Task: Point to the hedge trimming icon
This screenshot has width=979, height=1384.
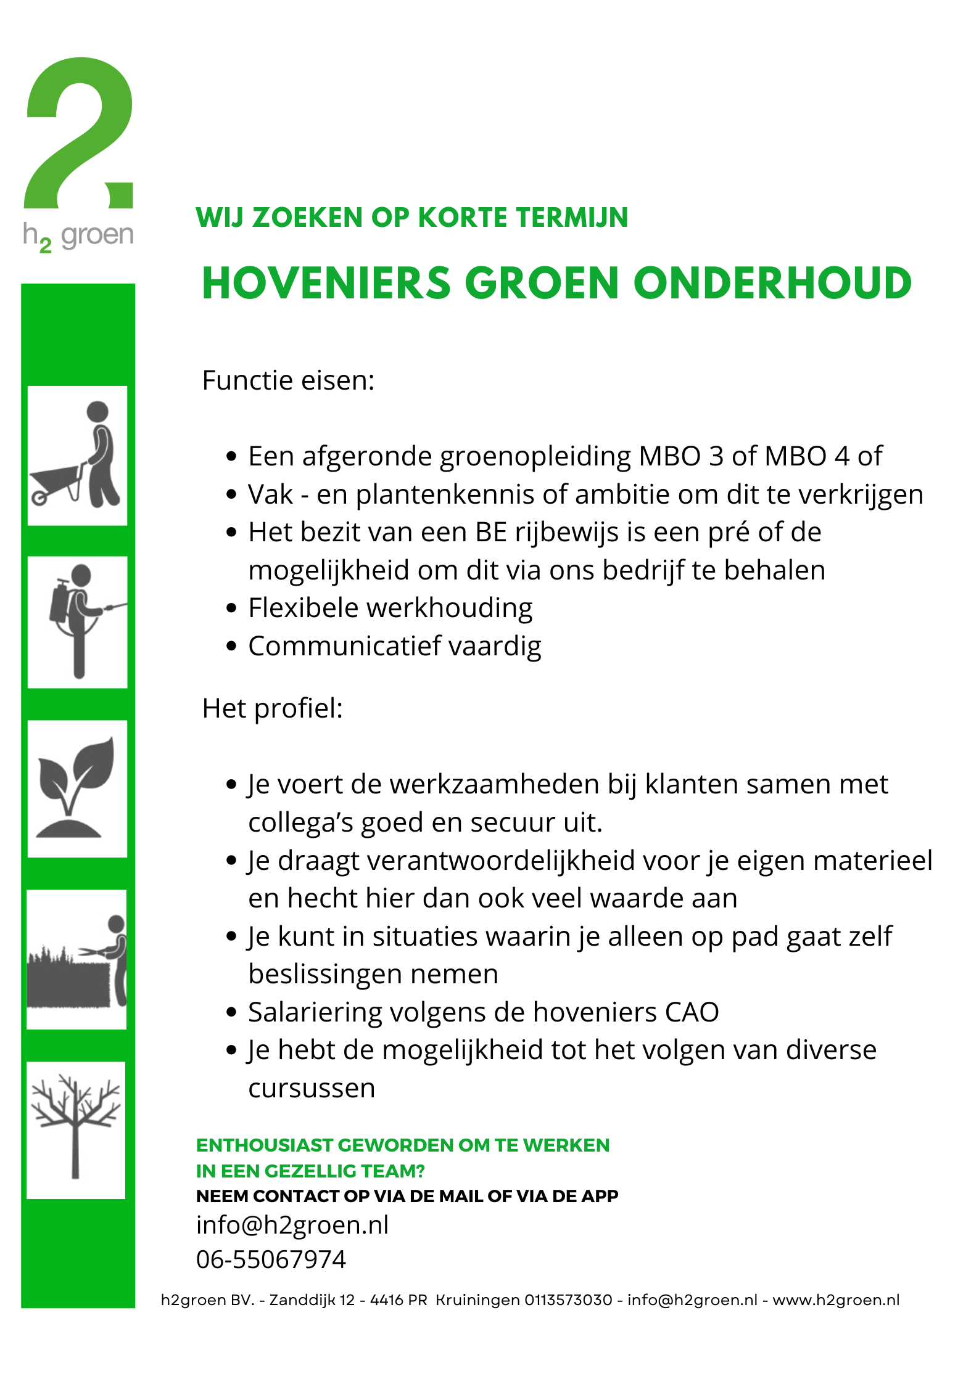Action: [76, 959]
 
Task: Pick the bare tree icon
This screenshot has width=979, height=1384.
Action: [76, 1126]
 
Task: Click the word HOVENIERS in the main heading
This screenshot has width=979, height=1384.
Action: [326, 284]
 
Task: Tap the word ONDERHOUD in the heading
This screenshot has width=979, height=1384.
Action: [772, 284]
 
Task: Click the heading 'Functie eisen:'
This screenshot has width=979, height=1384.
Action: [288, 380]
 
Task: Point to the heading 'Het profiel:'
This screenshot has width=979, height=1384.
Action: [272, 708]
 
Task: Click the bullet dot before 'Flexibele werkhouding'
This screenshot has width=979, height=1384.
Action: [231, 608]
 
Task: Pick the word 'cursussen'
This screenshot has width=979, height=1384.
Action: [312, 1089]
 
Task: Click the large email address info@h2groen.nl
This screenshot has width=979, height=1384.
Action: [292, 1225]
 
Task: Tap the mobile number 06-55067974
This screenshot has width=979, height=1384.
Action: [271, 1259]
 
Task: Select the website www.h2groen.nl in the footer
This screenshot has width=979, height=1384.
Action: [836, 1300]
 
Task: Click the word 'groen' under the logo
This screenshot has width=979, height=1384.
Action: [97, 235]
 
